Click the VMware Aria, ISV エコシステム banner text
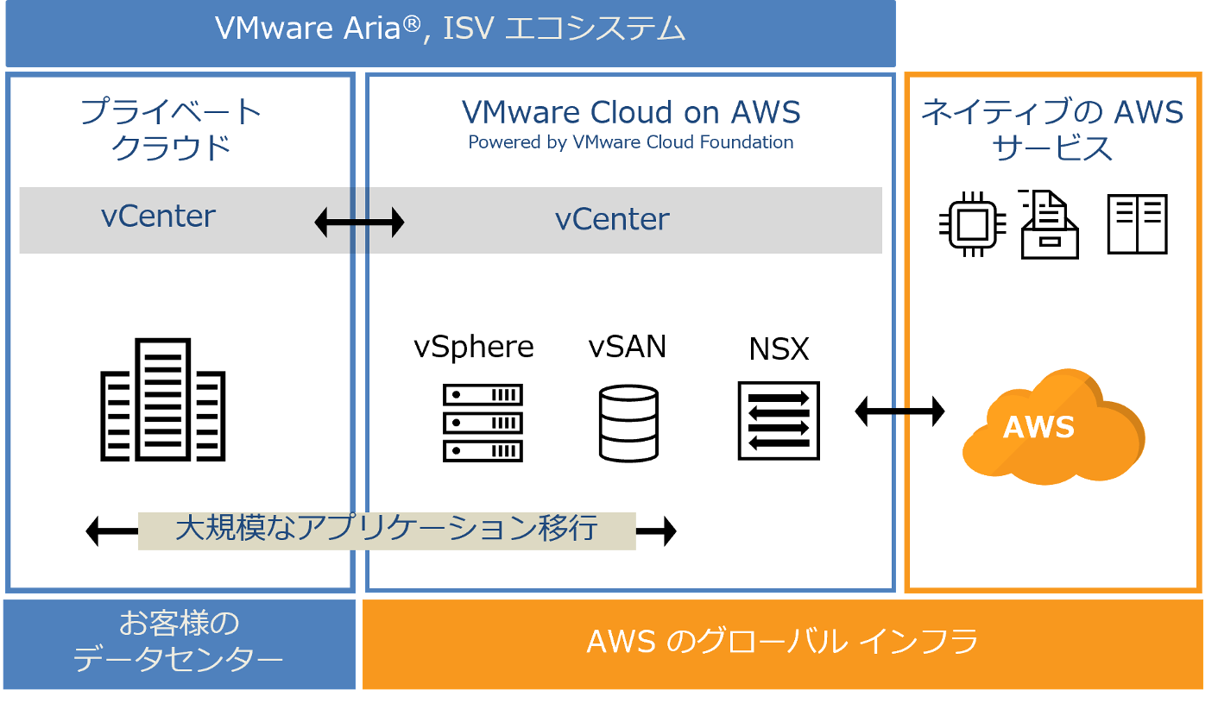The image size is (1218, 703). [450, 29]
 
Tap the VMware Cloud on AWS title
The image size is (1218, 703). [631, 112]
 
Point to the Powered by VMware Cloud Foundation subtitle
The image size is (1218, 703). [631, 142]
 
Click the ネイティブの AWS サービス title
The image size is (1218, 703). [1052, 129]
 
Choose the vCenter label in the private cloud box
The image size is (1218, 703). [158, 217]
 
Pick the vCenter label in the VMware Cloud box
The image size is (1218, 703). [612, 220]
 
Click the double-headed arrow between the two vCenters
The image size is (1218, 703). [359, 223]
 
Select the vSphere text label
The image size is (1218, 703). [474, 347]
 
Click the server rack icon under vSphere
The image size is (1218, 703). [483, 423]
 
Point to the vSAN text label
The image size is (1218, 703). [628, 347]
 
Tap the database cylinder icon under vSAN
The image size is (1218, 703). [628, 423]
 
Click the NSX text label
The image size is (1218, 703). [779, 349]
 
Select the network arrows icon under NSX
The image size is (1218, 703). [779, 421]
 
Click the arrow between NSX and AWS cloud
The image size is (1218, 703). [899, 411]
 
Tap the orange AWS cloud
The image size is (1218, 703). [1052, 427]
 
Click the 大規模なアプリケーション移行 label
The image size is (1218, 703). [387, 528]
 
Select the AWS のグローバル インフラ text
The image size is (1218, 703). [782, 643]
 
